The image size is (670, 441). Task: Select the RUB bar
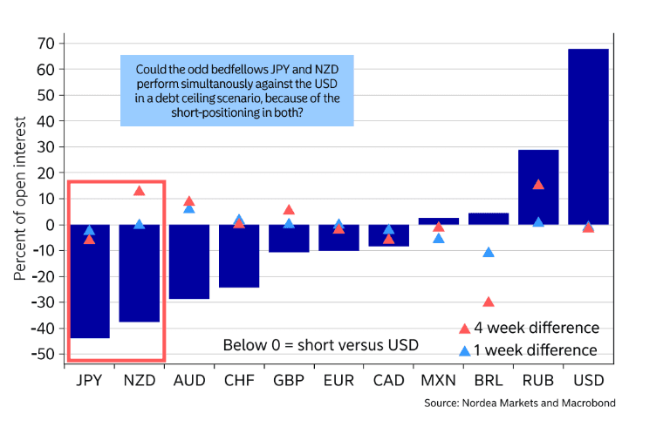[x=538, y=187]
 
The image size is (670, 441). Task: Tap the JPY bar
[x=89, y=281]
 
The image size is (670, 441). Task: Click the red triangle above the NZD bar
[x=139, y=191]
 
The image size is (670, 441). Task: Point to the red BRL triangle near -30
[x=489, y=302]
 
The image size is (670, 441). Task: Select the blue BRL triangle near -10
[x=489, y=252]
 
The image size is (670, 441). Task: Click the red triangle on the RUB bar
[x=538, y=185]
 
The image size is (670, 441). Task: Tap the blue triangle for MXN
[x=439, y=238]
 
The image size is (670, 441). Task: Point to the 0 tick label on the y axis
[x=51, y=225]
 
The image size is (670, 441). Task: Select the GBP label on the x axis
[x=289, y=381]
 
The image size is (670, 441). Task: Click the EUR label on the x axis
[x=338, y=381]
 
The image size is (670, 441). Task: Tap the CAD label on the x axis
[x=389, y=381]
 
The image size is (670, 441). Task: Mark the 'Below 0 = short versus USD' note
[x=320, y=345]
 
